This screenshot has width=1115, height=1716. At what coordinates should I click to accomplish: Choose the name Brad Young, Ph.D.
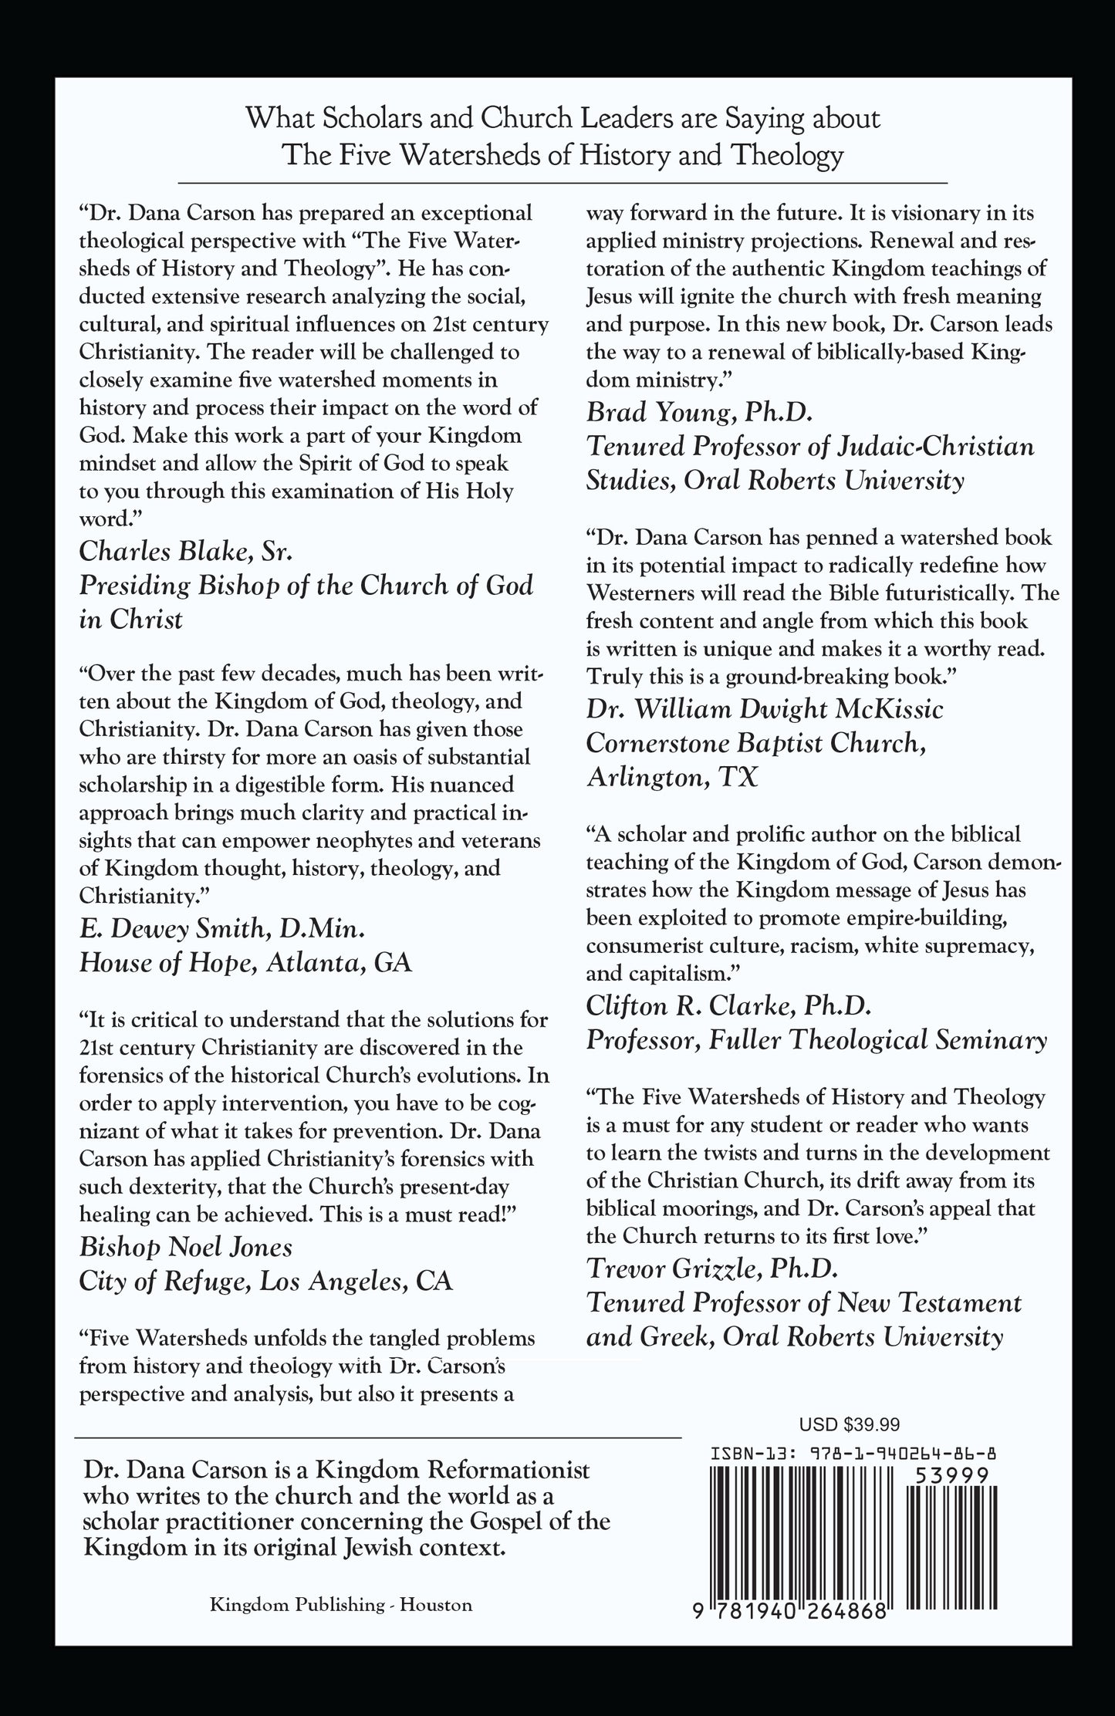click(689, 413)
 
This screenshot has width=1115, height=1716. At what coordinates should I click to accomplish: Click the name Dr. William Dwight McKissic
click(765, 708)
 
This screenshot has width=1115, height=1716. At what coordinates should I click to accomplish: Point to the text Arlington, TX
click(672, 776)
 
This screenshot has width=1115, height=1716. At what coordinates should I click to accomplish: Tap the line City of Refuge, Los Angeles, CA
click(265, 1280)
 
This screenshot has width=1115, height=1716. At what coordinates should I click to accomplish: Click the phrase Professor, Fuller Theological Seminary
click(816, 1039)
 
